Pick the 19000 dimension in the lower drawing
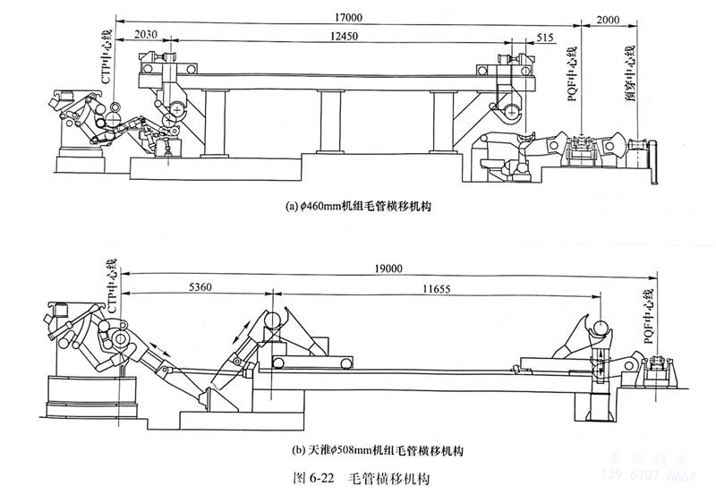[383, 267]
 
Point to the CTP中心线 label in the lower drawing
[114, 284]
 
